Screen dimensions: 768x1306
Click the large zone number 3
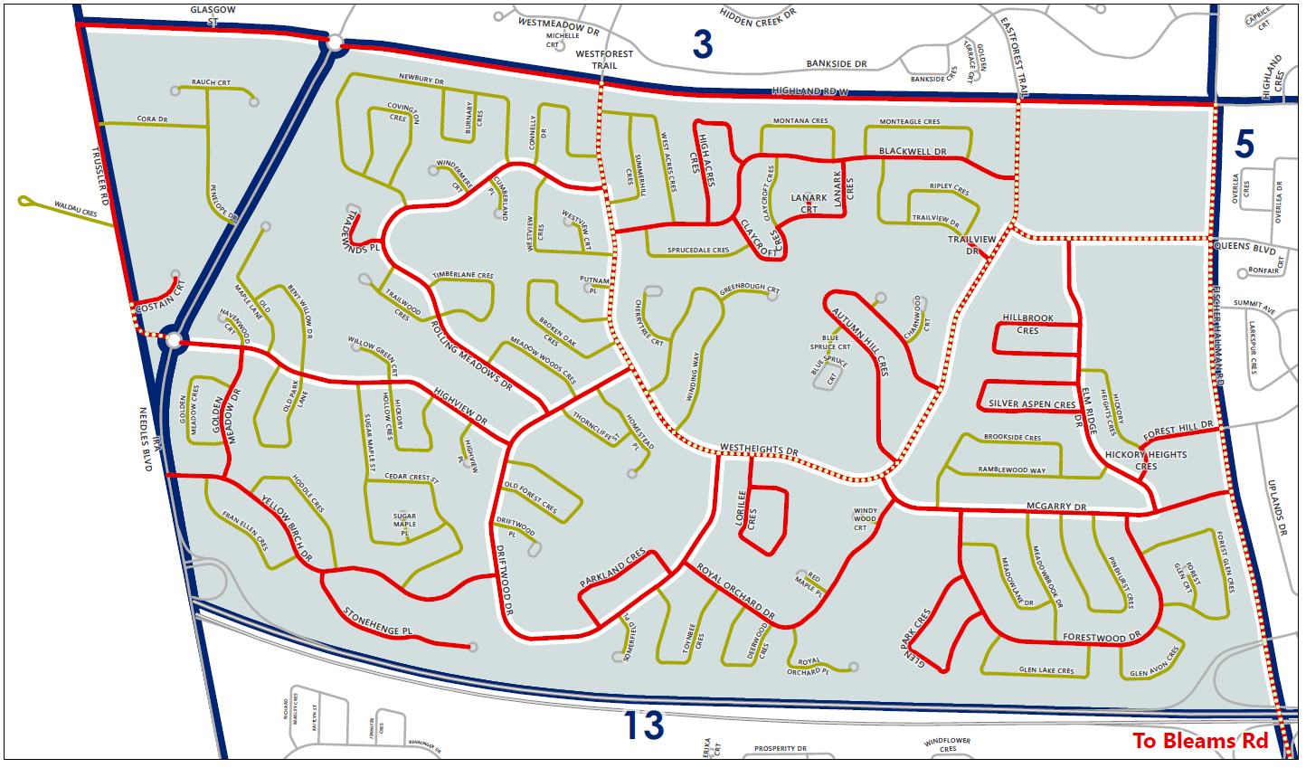tap(703, 44)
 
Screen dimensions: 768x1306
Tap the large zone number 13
tap(644, 725)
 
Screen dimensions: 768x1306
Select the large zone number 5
tap(1244, 145)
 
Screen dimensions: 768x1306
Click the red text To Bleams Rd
tap(1200, 741)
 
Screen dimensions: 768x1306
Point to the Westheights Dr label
tap(759, 450)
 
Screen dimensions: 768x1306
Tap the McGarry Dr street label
tap(1056, 507)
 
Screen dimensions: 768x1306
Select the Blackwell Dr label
tap(913, 152)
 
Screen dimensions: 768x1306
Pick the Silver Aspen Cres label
tap(1032, 404)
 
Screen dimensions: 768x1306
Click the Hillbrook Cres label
tap(1027, 324)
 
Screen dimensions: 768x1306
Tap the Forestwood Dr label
tap(1102, 638)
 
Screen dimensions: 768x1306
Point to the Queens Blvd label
tap(1244, 247)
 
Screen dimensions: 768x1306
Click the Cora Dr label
tap(152, 119)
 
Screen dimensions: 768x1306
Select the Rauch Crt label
tap(211, 82)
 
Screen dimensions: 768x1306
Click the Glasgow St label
tap(213, 15)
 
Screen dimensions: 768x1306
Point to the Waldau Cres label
tap(76, 210)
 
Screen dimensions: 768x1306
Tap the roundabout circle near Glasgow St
tap(335, 43)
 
